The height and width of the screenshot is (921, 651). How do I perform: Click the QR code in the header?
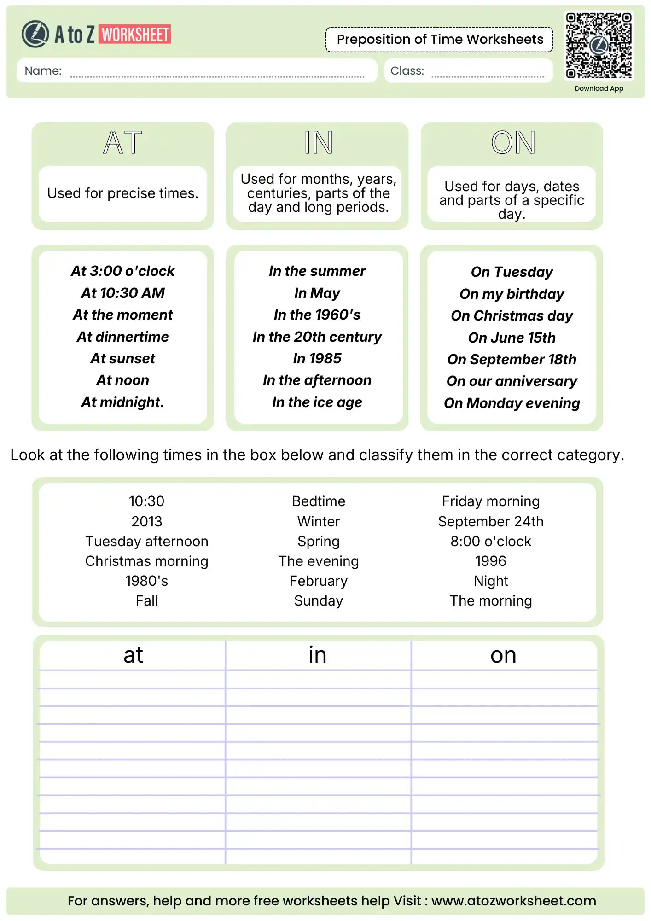click(599, 45)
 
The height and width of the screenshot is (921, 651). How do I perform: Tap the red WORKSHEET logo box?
click(135, 35)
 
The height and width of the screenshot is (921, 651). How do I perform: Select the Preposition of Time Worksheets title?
click(440, 40)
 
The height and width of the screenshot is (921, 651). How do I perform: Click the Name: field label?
click(43, 71)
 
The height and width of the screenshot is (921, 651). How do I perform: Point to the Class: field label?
click(407, 71)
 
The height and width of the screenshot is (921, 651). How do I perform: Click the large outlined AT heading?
click(122, 142)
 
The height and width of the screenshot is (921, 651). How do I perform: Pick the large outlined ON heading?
click(512, 142)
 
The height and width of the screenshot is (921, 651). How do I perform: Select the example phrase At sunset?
click(122, 358)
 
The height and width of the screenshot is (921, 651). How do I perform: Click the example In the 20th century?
click(317, 337)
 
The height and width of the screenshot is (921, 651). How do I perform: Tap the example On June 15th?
click(511, 338)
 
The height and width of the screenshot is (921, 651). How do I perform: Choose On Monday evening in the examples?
click(511, 403)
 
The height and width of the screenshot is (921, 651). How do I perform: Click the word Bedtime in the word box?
click(318, 501)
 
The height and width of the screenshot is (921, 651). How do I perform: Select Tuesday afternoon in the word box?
click(146, 541)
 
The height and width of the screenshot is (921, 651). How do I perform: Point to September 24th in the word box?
click(490, 521)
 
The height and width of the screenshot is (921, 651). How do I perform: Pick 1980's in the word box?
click(146, 581)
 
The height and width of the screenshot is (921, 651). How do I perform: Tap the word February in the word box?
click(318, 581)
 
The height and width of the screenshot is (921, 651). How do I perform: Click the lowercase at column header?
click(133, 655)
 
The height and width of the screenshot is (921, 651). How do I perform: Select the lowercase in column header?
click(318, 655)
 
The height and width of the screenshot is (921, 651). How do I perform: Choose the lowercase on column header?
click(503, 655)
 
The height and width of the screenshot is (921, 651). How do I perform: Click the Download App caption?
click(599, 88)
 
